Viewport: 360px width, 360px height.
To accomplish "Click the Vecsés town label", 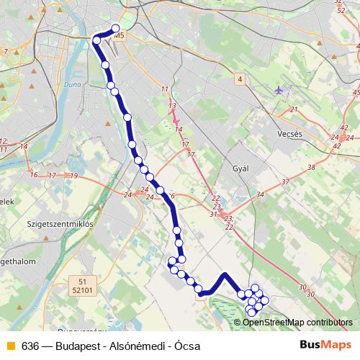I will point(293,134).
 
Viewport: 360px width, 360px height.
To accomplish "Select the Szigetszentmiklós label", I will point(60,224).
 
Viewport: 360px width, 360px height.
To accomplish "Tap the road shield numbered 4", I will point(239,77).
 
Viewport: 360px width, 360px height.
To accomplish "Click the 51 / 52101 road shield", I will point(84,286).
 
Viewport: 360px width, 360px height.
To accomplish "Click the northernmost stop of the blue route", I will point(115,30).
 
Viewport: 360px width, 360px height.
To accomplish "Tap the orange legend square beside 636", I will point(10,344).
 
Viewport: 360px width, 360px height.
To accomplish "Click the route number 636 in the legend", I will point(31,344).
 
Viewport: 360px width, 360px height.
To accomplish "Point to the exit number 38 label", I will point(311,167).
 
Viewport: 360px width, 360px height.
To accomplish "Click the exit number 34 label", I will point(260,194).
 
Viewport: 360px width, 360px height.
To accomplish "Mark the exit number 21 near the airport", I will point(293,109).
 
